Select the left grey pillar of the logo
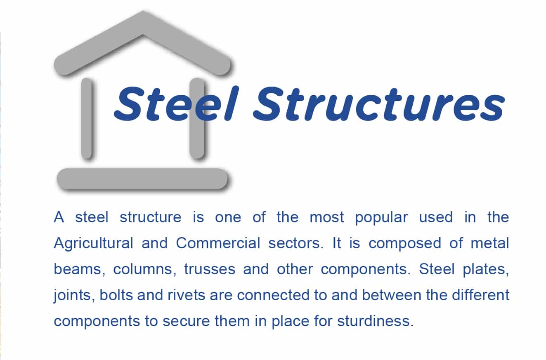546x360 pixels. click(x=87, y=118)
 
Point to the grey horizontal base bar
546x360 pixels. click(x=142, y=179)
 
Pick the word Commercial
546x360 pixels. click(x=218, y=243)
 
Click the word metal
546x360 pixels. click(x=490, y=243)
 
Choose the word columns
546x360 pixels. click(x=145, y=269)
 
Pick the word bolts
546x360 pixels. click(x=116, y=295)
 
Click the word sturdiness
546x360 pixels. click(x=376, y=321)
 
